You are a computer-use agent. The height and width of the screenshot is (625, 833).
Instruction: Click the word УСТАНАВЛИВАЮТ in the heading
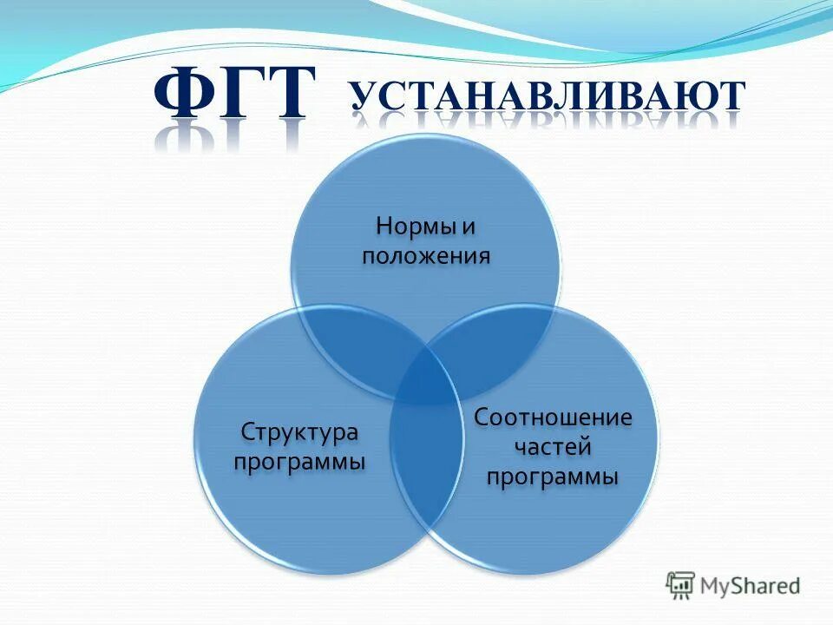548,97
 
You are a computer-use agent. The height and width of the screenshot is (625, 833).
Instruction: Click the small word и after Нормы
468,227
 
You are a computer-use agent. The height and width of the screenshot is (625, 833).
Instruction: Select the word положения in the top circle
426,256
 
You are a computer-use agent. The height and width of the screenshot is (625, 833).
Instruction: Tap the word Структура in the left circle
299,431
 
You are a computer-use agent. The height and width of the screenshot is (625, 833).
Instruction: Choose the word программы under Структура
299,461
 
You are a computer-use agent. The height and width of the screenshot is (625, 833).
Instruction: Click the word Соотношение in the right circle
553,418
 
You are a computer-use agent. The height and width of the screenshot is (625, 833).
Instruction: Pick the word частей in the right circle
553,447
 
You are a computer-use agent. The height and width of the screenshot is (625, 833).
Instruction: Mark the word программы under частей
553,477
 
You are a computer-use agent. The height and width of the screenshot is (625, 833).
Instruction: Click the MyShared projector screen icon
680,585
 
